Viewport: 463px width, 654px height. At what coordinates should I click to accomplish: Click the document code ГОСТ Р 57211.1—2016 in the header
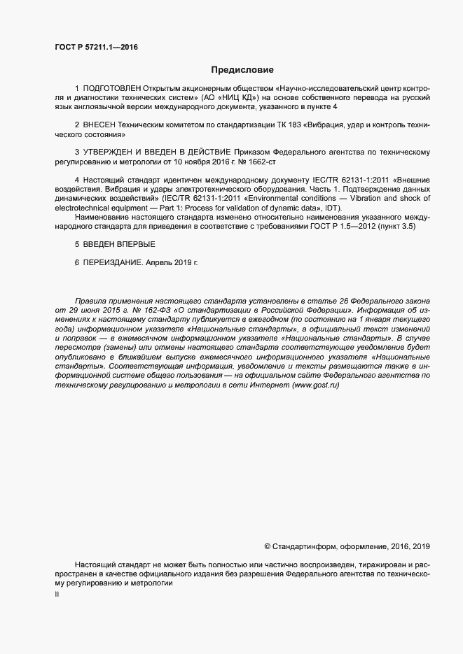pyautogui.click(x=95, y=48)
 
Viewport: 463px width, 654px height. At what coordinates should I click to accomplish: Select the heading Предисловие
pyautogui.click(x=242, y=70)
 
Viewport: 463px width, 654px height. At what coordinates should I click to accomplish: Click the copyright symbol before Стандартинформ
pyautogui.click(x=267, y=546)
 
